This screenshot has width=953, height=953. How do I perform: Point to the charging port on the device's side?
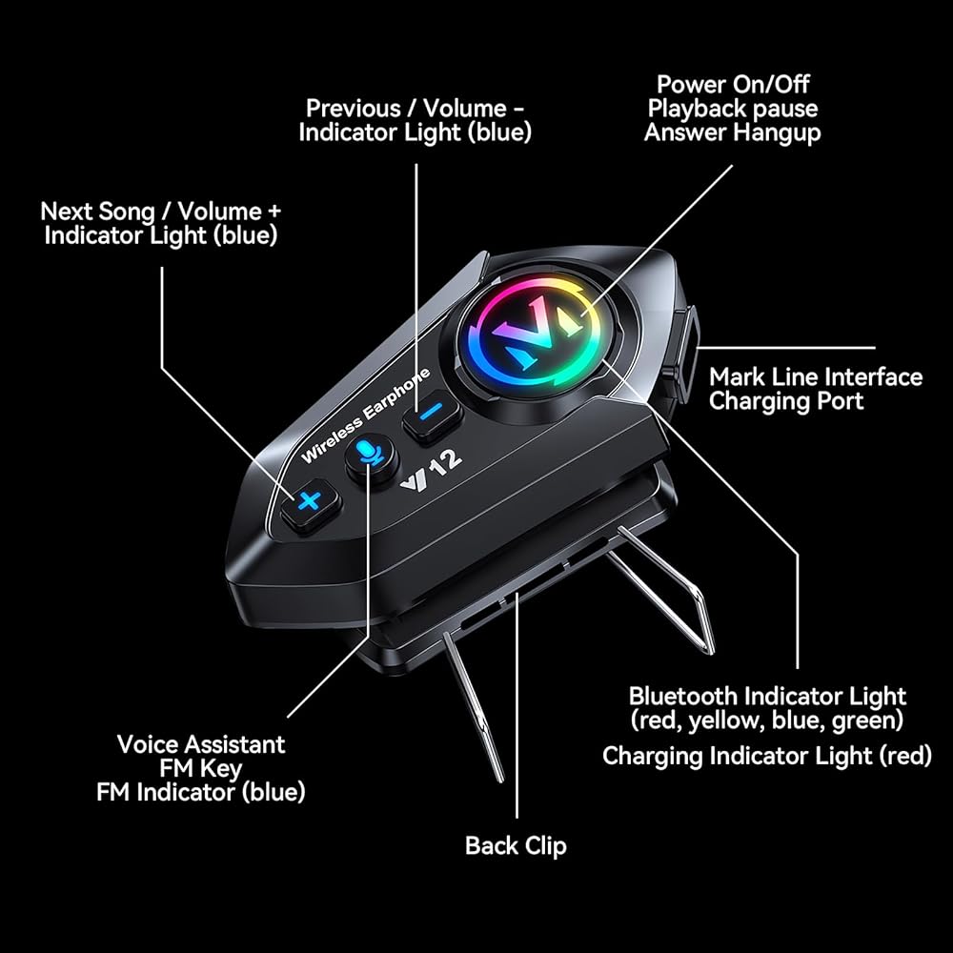[x=684, y=352]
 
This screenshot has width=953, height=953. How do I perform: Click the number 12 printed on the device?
[x=447, y=464]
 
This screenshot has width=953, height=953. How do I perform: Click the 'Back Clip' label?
[x=516, y=846]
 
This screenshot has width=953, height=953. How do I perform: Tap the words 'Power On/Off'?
[x=733, y=85]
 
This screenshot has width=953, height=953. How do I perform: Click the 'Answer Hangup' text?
[x=732, y=132]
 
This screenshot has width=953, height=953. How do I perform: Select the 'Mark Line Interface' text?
[x=816, y=376]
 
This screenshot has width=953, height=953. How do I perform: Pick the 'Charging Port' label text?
[x=786, y=401]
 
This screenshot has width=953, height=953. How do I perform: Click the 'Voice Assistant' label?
[x=201, y=744]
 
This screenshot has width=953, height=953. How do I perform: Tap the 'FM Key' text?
[x=200, y=769]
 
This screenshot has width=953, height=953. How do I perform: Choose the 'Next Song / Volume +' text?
[x=161, y=212]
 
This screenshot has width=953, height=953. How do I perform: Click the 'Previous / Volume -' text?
[x=416, y=109]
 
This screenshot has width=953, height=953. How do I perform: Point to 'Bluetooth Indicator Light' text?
[x=767, y=696]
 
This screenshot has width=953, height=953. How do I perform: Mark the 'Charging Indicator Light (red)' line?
[x=767, y=756]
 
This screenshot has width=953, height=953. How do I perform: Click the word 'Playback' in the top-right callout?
[x=698, y=109]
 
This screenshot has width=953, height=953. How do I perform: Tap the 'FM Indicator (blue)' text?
[x=200, y=793]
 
